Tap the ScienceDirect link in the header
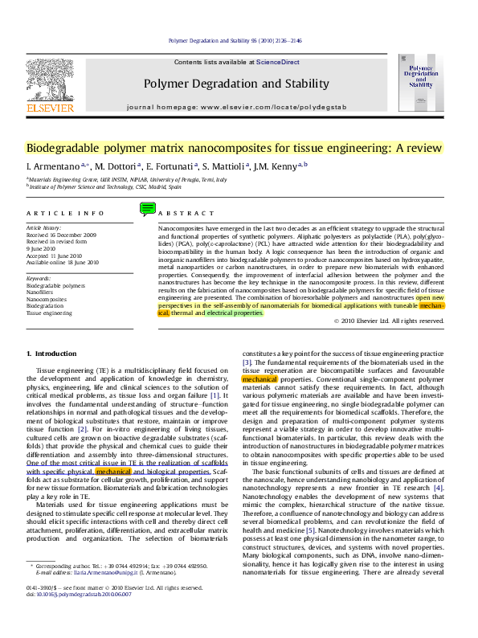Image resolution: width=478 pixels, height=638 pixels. click(x=277, y=62)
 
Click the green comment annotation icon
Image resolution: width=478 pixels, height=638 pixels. click(x=147, y=209)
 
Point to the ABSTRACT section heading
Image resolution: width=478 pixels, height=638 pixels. click(x=181, y=213)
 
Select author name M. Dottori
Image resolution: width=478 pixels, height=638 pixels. click(x=117, y=166)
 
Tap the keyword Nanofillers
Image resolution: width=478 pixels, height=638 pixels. click(x=40, y=292)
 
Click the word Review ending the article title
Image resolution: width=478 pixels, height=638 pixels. click(x=422, y=148)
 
